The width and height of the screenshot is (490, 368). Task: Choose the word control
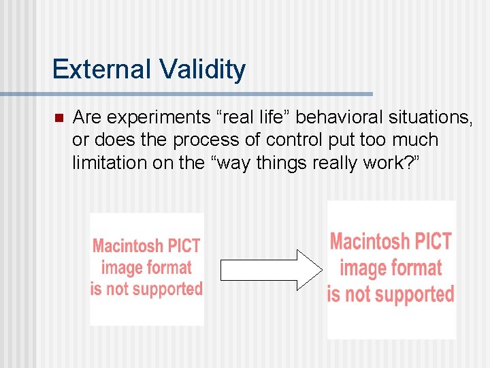pyautogui.click(x=293, y=140)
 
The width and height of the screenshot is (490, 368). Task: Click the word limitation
pyautogui.click(x=104, y=163)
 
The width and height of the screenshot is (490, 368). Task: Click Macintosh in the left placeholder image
pyautogui.click(x=128, y=246)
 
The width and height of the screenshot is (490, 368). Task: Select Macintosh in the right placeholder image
pyautogui.click(x=368, y=241)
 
